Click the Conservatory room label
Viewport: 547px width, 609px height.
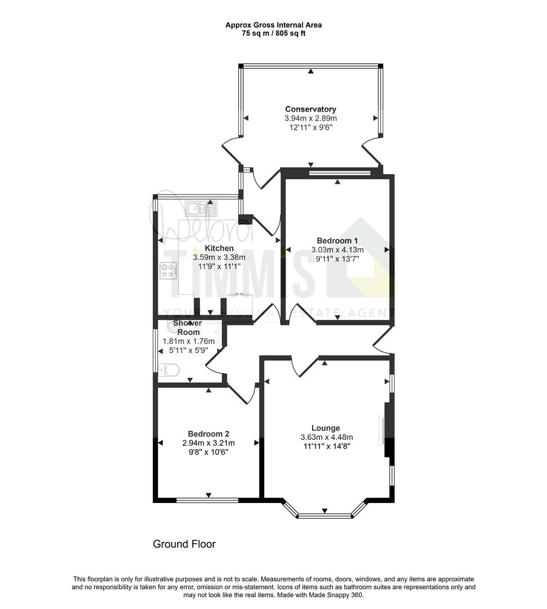(310, 109)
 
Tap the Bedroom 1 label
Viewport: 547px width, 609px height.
(337, 240)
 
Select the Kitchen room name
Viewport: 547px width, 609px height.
(219, 248)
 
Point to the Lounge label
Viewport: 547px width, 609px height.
(326, 428)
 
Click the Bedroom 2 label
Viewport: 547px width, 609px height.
(208, 434)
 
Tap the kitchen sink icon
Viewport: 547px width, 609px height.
(201, 209)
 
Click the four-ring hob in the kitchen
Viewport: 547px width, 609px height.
(169, 270)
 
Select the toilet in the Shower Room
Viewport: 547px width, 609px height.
(169, 370)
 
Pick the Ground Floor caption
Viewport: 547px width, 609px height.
(184, 544)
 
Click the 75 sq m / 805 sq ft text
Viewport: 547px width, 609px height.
(274, 33)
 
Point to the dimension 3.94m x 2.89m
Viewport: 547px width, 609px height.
(310, 118)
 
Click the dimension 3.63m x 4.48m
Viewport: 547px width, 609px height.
(327, 437)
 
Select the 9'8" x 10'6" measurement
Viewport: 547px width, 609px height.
(208, 452)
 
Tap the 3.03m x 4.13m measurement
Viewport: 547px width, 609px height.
(338, 250)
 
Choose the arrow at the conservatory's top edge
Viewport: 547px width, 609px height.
(310, 71)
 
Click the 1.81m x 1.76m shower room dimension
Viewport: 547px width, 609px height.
(189, 341)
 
